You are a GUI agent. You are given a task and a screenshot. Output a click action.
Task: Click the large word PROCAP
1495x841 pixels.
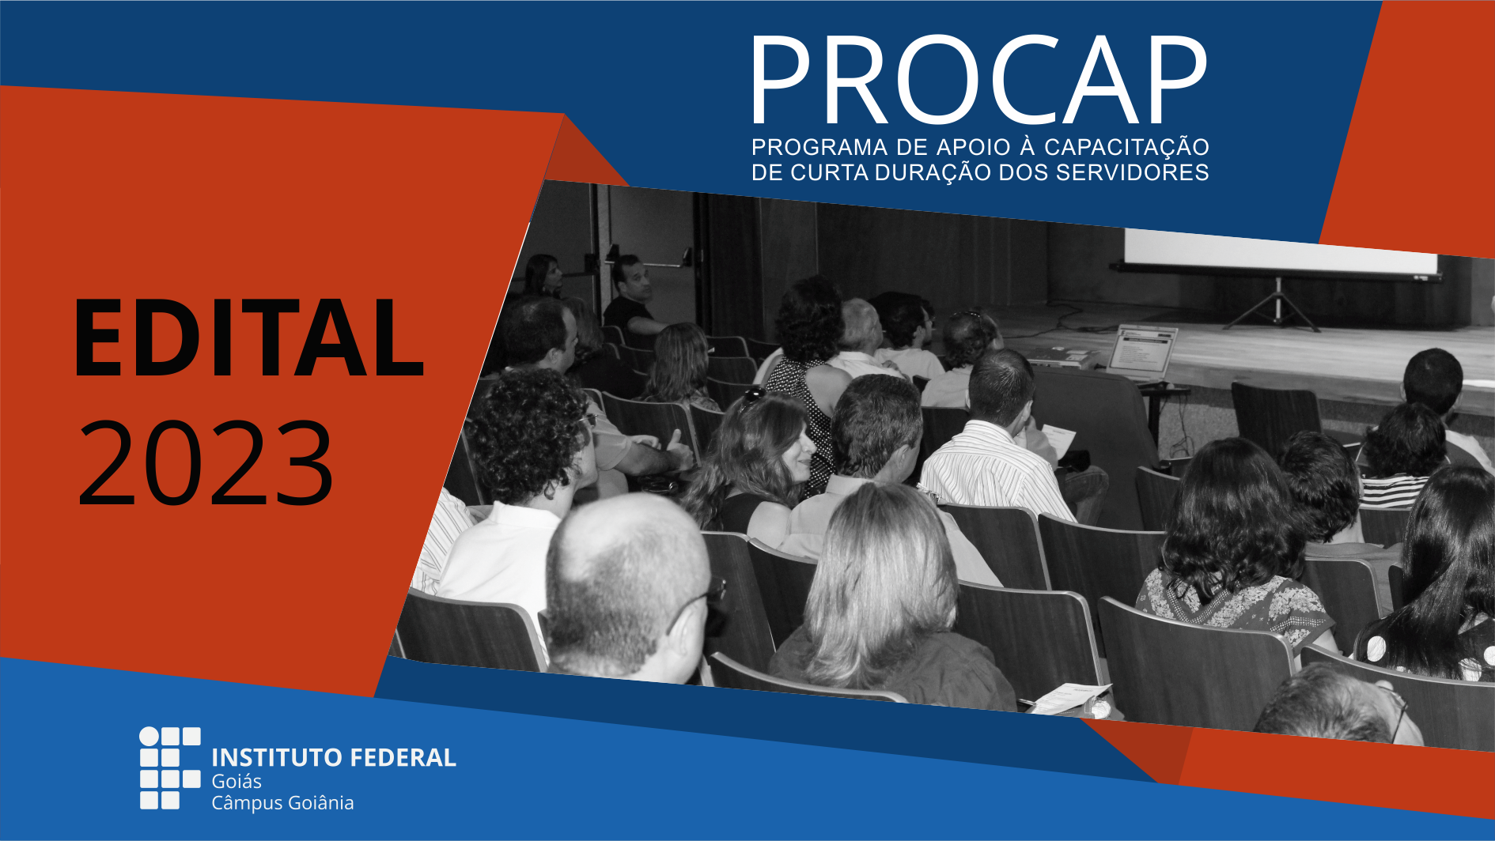pyautogui.click(x=978, y=80)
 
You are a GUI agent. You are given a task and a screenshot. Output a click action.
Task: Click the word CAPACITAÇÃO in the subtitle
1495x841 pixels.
pyautogui.click(x=1126, y=148)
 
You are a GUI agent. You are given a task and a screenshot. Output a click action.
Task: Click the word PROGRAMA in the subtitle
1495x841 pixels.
pyautogui.click(x=819, y=147)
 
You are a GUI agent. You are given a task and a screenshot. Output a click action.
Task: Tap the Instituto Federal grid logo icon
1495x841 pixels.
pyautogui.click(x=170, y=768)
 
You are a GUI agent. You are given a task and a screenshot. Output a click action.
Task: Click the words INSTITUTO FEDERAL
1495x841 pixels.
pyautogui.click(x=334, y=757)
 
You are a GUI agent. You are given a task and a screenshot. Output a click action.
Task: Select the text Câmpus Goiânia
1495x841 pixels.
pyautogui.click(x=282, y=803)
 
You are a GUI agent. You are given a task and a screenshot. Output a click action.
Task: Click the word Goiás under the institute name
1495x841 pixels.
pyautogui.click(x=237, y=781)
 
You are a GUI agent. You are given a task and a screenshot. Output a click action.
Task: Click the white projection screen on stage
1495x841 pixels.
pyautogui.click(x=1280, y=252)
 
